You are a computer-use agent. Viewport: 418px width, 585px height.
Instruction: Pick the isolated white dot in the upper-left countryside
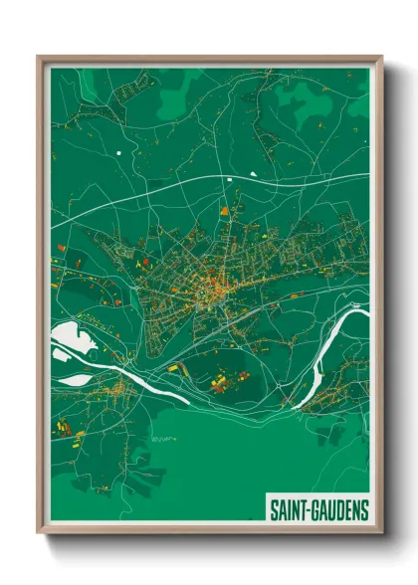(x=117, y=152)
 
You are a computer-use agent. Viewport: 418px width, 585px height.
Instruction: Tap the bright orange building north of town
(x=224, y=211)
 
